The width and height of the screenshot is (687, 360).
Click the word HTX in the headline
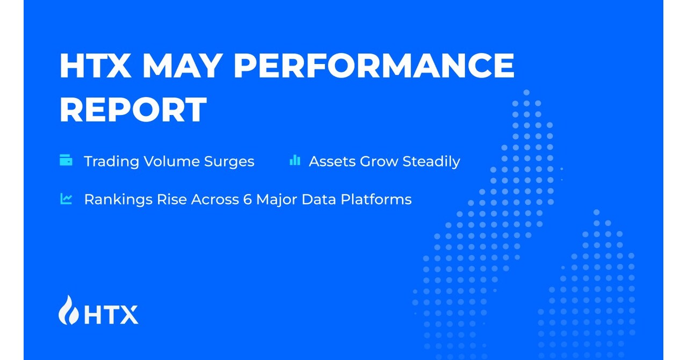click(x=95, y=66)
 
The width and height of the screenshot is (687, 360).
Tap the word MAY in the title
click(x=182, y=66)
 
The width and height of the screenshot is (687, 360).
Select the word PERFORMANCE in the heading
click(x=373, y=66)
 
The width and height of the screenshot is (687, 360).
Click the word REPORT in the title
click(x=133, y=110)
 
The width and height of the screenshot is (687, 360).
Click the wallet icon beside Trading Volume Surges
click(x=66, y=160)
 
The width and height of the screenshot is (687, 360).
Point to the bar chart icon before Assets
click(x=294, y=160)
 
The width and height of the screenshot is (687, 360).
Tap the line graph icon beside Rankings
click(x=66, y=199)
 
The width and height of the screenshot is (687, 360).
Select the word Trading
click(x=111, y=161)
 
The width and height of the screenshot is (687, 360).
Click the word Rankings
click(x=118, y=200)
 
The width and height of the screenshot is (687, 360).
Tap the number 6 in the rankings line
click(x=249, y=199)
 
